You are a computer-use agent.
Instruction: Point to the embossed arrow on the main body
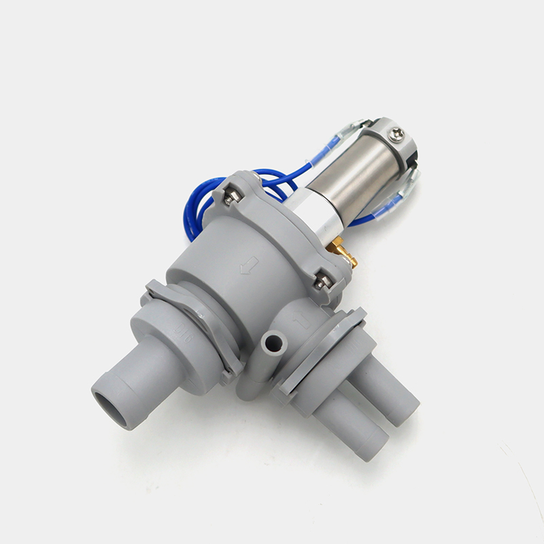point(249,265)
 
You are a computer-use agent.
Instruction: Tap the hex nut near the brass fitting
point(322,280)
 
